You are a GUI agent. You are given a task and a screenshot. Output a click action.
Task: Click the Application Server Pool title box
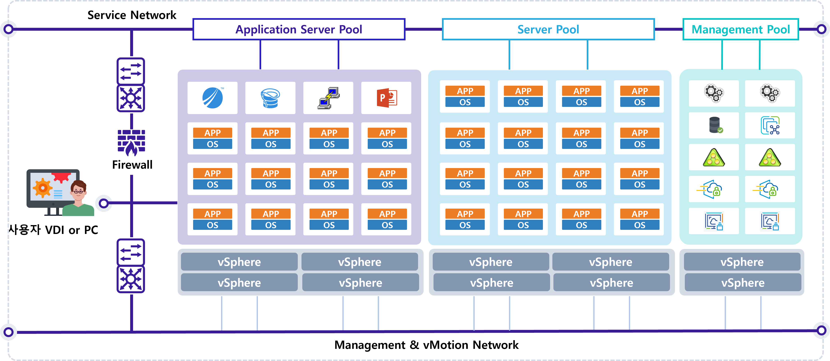tap(299, 29)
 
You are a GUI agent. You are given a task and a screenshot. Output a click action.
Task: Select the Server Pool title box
tap(548, 29)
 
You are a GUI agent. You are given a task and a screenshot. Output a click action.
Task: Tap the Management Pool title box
tap(740, 29)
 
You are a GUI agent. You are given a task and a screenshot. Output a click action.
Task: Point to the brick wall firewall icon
tap(131, 142)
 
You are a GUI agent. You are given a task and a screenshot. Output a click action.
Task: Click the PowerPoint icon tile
tap(386, 98)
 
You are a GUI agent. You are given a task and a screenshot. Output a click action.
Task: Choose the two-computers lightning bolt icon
tap(328, 98)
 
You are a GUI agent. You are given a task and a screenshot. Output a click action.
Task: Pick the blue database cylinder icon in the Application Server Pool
tap(270, 98)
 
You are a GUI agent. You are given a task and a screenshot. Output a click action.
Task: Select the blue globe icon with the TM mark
tap(213, 98)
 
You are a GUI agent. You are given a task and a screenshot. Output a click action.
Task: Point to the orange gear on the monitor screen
tap(42, 188)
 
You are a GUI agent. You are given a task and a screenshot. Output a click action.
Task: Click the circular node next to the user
tap(103, 203)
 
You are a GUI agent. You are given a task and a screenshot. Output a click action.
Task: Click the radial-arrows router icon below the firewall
tap(131, 279)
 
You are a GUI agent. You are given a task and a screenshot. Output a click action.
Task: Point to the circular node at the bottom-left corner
tap(8, 332)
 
